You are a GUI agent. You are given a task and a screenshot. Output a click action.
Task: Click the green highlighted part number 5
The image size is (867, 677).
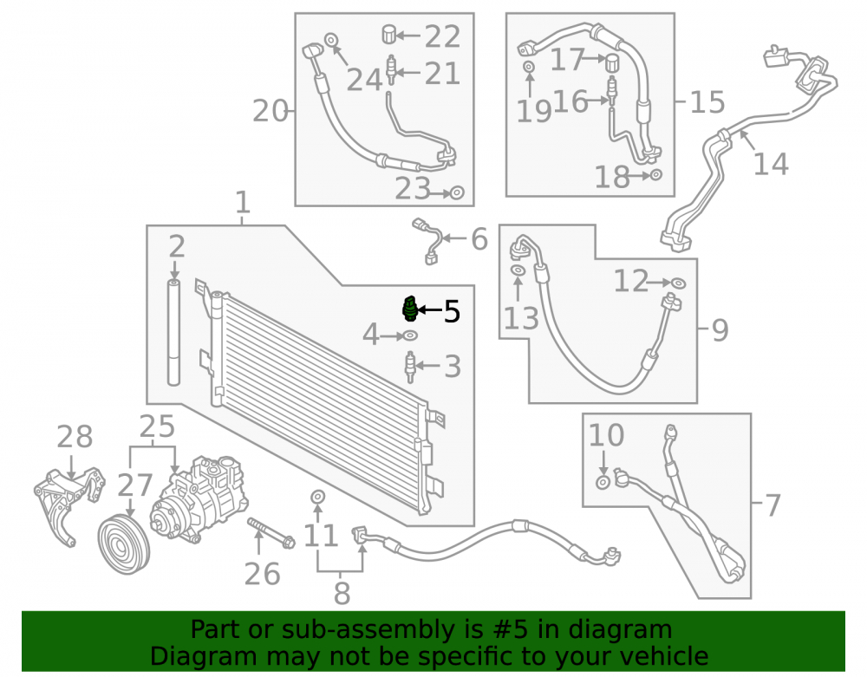tap(409, 309)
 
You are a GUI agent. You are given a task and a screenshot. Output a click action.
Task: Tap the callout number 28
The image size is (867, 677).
tap(75, 437)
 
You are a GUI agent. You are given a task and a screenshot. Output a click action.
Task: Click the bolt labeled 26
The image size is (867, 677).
tap(271, 533)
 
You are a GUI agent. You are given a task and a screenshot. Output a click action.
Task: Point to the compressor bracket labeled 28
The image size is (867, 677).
tap(68, 502)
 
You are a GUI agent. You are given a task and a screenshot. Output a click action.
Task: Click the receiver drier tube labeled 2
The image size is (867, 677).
tap(174, 333)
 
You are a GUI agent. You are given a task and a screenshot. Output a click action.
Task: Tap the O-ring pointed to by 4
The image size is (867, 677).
tap(410, 335)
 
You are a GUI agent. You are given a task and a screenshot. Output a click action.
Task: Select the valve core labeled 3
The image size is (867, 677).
tap(410, 367)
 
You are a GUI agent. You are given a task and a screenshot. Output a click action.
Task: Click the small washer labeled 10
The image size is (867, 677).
tap(603, 483)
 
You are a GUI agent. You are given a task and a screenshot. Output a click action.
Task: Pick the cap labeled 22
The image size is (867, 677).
tap(389, 34)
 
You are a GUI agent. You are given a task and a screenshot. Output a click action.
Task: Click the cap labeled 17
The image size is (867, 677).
tap(613, 62)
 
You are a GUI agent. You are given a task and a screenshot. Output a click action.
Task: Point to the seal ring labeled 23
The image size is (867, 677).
tap(457, 192)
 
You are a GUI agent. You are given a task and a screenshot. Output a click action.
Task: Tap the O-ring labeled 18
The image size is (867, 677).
tap(655, 174)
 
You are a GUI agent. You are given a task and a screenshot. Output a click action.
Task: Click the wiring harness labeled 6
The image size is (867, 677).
tap(429, 241)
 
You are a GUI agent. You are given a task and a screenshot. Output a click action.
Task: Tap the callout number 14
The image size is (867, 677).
tap(771, 164)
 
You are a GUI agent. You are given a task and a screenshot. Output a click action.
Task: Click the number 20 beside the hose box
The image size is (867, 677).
tap(271, 111)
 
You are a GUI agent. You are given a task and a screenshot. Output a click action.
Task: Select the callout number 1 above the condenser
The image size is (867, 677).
tap(243, 202)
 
